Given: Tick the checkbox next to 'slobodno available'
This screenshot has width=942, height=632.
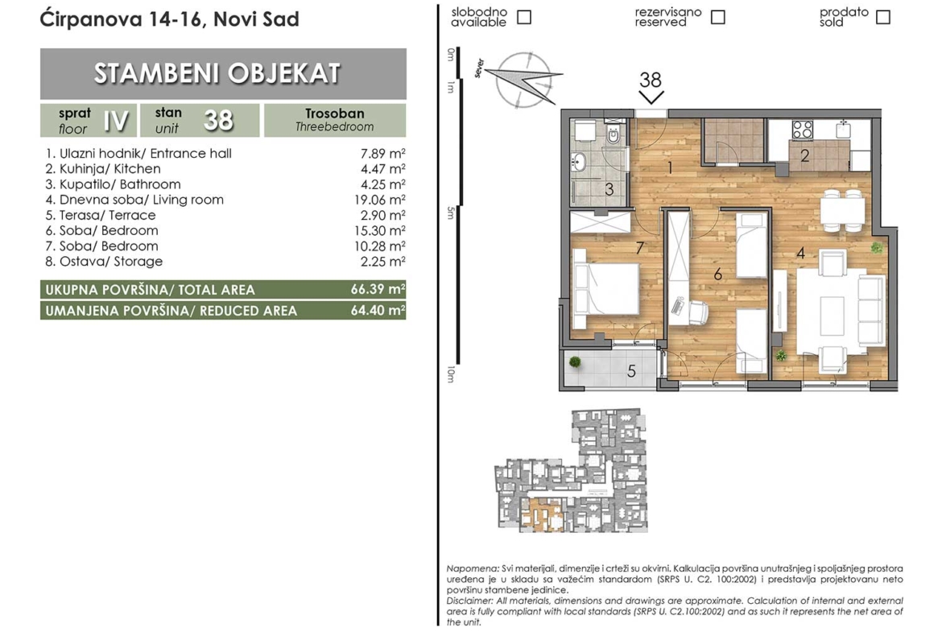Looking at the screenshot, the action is [x=524, y=17].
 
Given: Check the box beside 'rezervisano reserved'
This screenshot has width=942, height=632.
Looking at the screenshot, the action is [x=717, y=17].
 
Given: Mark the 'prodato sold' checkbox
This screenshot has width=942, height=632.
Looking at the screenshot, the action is [x=882, y=17].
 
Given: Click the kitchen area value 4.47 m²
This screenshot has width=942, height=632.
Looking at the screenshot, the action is [x=382, y=169].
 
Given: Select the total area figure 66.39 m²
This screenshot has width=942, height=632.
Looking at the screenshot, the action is [x=378, y=289].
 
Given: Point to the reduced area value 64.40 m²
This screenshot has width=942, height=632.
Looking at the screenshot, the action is [x=378, y=310].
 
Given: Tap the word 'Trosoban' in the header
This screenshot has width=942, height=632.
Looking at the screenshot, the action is [x=335, y=114].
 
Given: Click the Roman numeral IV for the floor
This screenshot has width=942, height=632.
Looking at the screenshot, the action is [x=115, y=121].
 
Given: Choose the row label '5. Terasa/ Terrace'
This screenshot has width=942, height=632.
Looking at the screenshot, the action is [x=101, y=215].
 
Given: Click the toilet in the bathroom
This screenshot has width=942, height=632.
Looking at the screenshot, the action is [x=614, y=136].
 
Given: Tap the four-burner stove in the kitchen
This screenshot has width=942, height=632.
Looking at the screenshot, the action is [x=803, y=130].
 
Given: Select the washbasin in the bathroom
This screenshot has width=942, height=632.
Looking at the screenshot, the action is [x=579, y=162].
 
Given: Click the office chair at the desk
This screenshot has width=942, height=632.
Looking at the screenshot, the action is [x=698, y=312].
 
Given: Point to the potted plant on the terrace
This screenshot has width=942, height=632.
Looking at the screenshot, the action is [x=575, y=361].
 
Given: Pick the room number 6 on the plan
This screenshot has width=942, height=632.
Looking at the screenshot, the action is [x=717, y=275].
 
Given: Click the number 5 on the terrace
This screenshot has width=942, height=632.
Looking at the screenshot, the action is [x=631, y=371].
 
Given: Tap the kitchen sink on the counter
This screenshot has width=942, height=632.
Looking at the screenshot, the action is [x=843, y=127].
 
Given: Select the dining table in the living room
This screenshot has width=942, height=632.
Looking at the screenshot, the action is [x=843, y=211].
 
